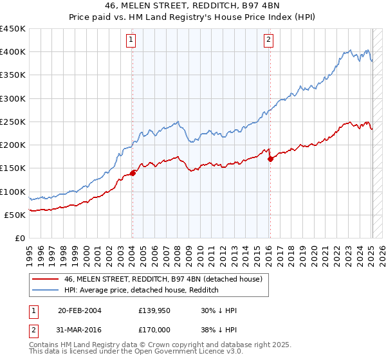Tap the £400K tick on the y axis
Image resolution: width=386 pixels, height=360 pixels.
point(12,52)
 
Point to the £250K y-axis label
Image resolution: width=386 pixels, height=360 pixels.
point(12,122)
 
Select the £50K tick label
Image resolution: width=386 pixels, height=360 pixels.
point(15,215)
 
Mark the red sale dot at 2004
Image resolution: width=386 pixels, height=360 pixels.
point(133,172)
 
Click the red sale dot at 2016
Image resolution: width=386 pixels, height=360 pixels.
point(270,159)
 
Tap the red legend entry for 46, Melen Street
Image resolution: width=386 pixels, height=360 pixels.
point(163,280)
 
